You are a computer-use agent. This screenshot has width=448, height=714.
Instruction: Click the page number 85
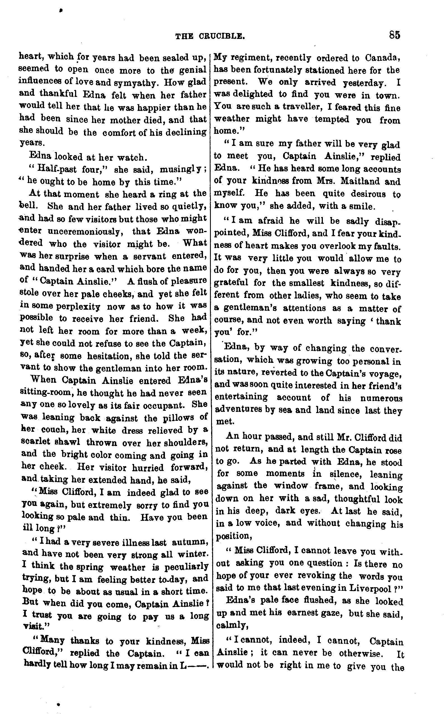(x=395, y=35)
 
